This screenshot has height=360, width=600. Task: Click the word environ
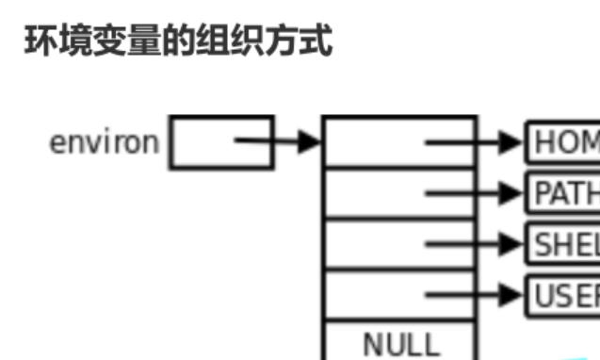click(104, 143)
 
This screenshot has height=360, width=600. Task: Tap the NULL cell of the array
click(400, 343)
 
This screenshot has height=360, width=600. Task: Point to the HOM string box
click(563, 143)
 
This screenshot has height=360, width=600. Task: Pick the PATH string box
click(563, 193)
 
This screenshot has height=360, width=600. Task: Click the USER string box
click(563, 294)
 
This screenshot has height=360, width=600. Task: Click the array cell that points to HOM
click(377, 143)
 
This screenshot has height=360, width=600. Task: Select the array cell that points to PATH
click(377, 193)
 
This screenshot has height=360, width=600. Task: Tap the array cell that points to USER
click(377, 294)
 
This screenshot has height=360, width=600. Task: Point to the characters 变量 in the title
click(118, 41)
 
